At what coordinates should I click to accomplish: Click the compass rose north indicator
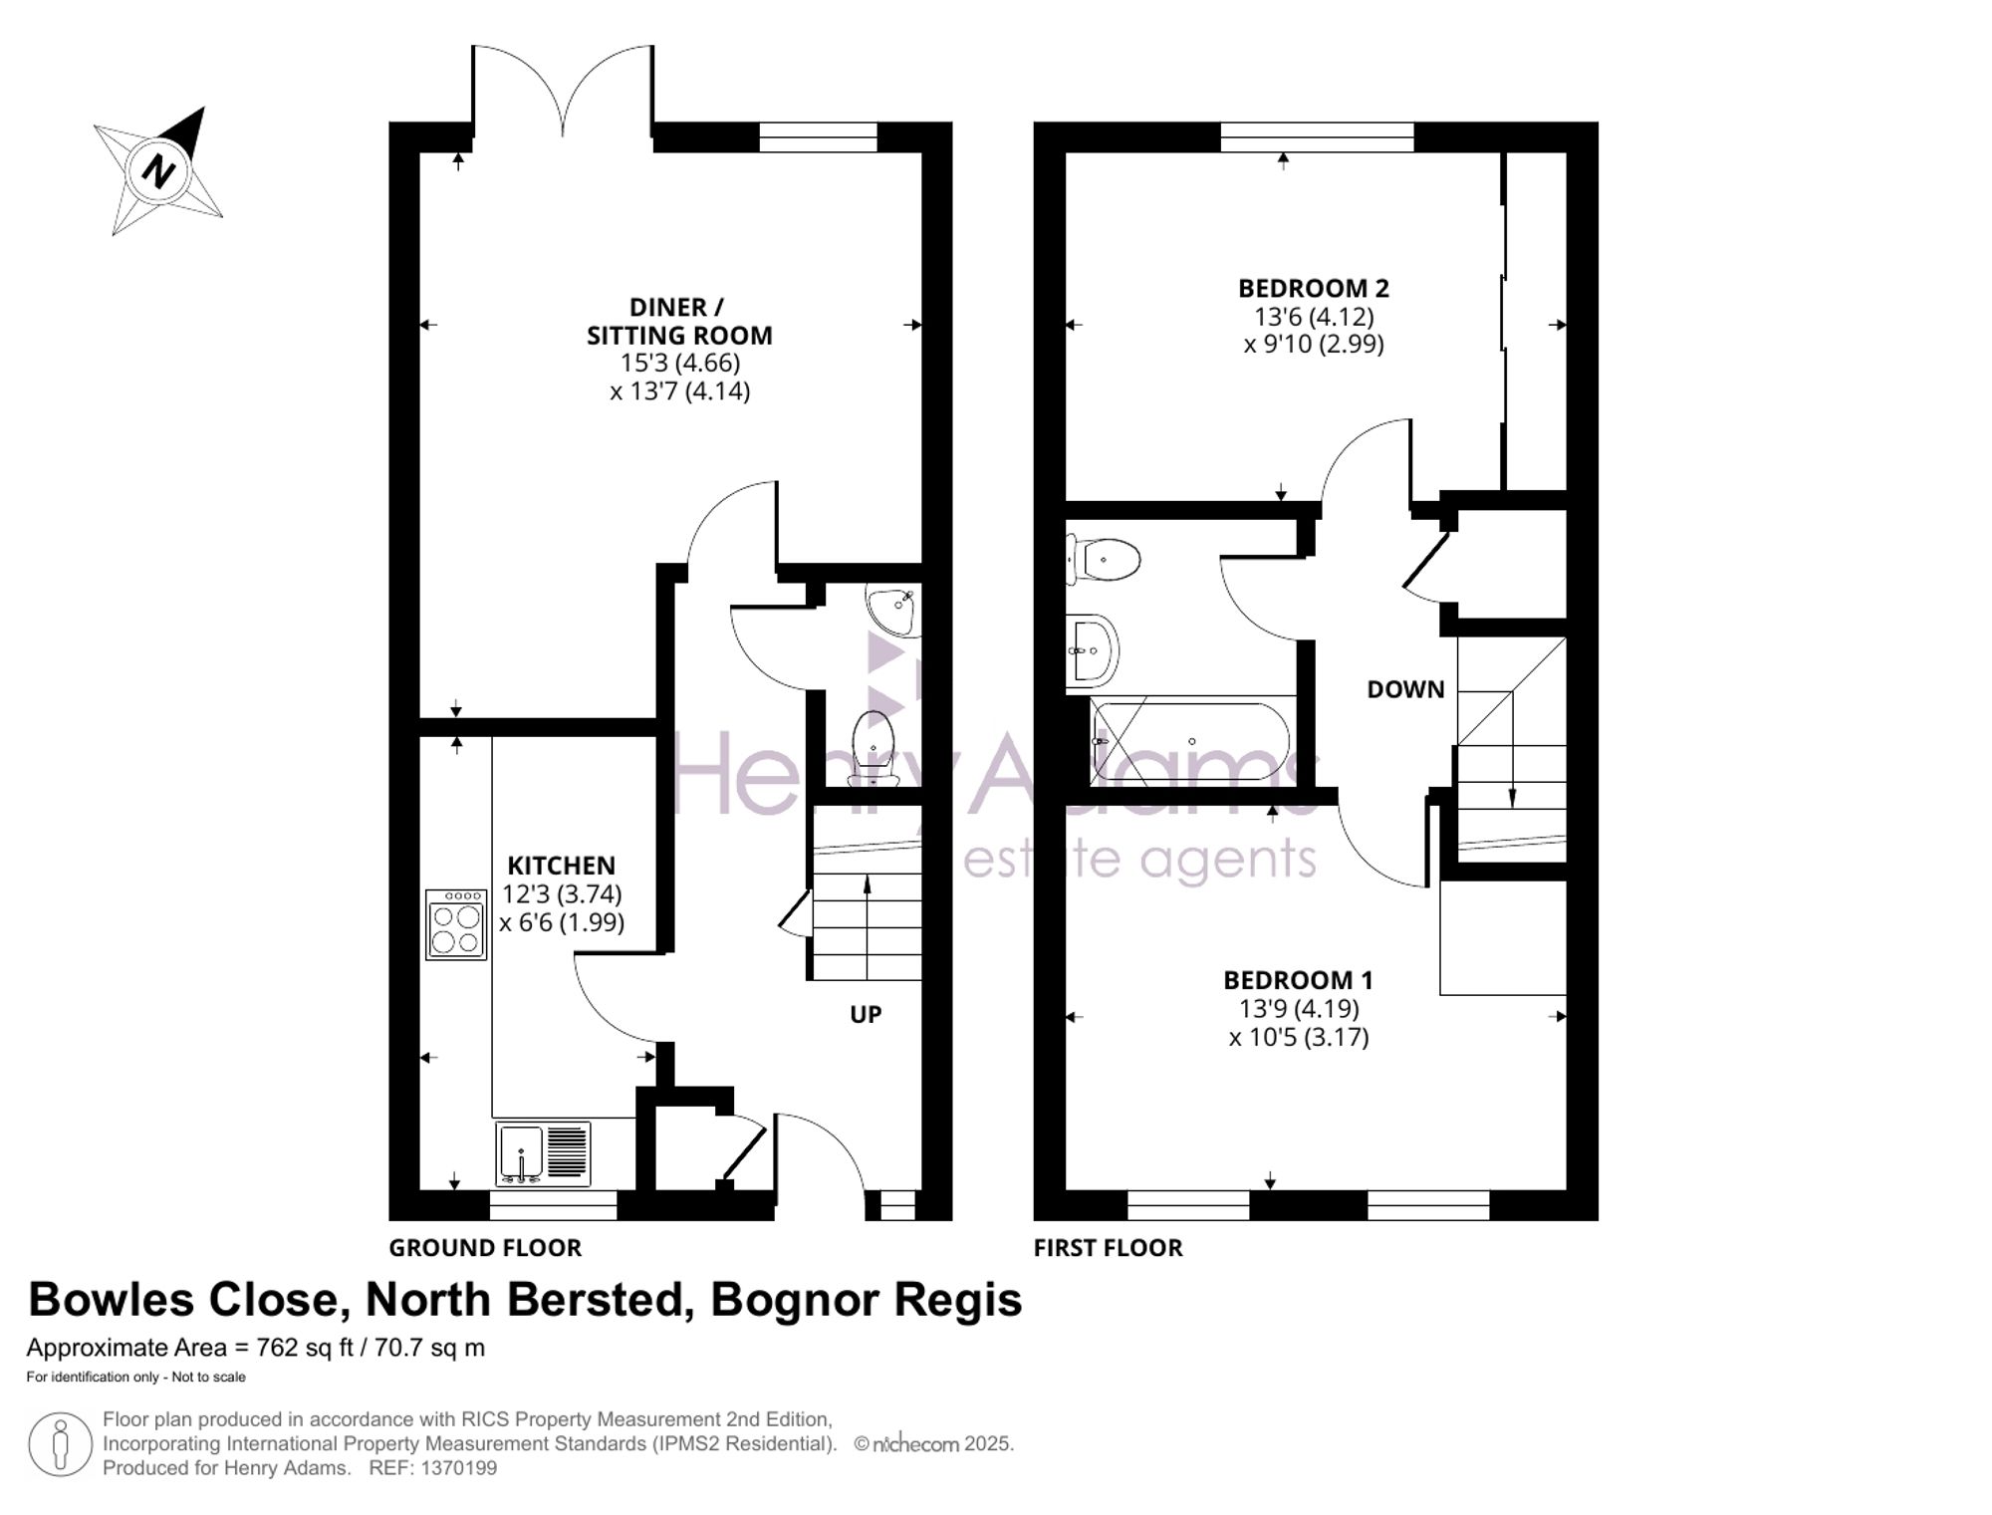click(158, 170)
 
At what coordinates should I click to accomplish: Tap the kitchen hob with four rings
click(456, 924)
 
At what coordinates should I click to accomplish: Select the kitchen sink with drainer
click(543, 1153)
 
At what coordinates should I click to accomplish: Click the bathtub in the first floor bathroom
click(1190, 741)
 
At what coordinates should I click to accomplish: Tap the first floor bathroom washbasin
click(1093, 650)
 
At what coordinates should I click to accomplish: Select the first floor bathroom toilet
click(1103, 560)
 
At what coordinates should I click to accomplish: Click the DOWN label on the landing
click(1405, 689)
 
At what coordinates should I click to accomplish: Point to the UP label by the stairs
click(866, 1014)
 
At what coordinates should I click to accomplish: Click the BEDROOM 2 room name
click(1314, 288)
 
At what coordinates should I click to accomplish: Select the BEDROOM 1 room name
click(1298, 980)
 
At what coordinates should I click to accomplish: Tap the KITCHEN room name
click(562, 866)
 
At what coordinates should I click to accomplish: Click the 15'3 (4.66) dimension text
click(680, 363)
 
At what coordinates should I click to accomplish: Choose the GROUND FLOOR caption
click(485, 1247)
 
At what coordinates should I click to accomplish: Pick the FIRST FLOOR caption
click(1109, 1247)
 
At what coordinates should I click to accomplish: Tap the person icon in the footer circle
click(61, 1444)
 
